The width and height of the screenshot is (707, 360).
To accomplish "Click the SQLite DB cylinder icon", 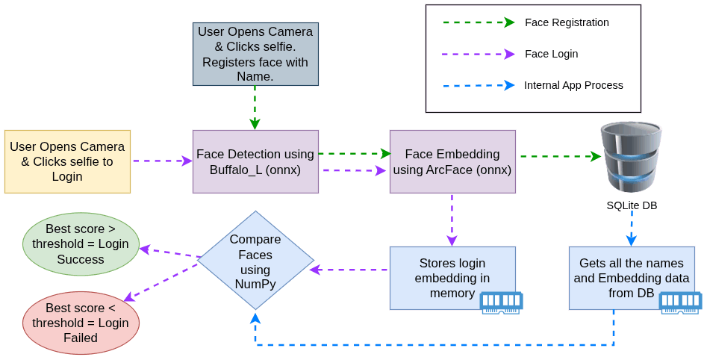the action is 632,157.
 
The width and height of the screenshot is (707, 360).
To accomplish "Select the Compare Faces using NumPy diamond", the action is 255,261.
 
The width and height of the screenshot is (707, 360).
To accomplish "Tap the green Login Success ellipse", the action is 81,244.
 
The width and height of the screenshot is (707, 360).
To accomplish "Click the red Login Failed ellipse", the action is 81,323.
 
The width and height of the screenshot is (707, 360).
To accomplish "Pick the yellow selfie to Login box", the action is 68,161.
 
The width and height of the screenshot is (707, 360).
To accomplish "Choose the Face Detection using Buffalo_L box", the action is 255,161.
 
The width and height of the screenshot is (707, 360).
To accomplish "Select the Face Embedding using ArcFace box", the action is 452,161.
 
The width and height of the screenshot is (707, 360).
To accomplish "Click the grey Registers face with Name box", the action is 255,54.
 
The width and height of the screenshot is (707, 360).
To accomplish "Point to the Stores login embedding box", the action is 452,278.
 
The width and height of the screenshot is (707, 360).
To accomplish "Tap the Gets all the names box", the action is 632,278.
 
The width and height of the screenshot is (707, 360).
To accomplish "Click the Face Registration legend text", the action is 567,22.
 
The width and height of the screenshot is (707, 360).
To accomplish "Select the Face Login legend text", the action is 552,54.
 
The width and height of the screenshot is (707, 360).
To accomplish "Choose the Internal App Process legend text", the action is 573,85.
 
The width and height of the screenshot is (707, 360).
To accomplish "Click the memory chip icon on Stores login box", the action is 501,302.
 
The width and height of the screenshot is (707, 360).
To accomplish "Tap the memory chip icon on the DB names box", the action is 680,302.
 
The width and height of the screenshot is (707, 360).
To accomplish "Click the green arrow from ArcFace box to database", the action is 561,157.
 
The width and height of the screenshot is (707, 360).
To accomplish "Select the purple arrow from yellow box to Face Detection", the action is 163,161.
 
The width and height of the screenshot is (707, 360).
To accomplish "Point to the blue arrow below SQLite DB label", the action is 632,229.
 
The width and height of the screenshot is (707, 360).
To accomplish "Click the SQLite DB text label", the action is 632,205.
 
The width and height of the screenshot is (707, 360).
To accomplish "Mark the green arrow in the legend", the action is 479,22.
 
